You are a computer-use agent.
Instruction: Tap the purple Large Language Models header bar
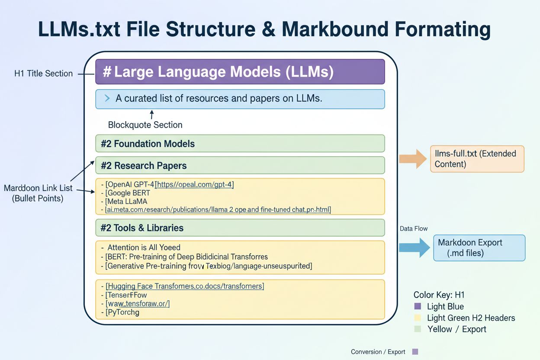240,71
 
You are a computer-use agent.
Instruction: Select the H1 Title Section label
43,74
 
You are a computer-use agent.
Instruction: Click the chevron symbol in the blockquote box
107,99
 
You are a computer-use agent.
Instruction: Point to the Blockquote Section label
145,125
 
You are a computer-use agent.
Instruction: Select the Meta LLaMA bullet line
126,201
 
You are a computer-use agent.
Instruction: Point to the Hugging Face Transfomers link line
185,286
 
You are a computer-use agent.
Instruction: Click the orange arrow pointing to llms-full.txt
413,158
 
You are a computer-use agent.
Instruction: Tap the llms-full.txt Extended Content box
477,159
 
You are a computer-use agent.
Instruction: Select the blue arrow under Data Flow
413,247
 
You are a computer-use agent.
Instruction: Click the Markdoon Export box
479,248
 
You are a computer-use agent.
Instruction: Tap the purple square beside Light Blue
418,306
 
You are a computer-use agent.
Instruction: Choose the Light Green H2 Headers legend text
471,318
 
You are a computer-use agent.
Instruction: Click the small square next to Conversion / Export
415,352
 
